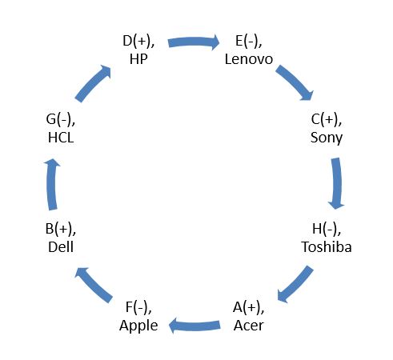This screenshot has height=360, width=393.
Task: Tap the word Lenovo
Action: click(x=249, y=59)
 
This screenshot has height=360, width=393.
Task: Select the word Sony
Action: click(x=327, y=138)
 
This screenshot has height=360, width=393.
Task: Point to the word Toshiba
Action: click(x=327, y=246)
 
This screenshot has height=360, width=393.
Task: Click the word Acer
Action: click(x=249, y=326)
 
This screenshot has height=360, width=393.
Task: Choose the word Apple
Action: click(x=138, y=326)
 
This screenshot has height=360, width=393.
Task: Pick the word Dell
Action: click(x=61, y=246)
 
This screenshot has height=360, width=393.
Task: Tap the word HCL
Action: click(x=61, y=138)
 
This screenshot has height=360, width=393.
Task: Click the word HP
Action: click(x=138, y=59)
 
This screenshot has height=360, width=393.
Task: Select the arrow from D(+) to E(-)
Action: click(x=194, y=42)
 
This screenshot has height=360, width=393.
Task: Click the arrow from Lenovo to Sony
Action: click(x=295, y=82)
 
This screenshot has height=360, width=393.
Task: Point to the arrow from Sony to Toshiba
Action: click(x=337, y=183)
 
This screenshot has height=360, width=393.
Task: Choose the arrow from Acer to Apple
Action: click(x=194, y=326)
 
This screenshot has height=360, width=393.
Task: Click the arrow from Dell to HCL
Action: click(x=52, y=185)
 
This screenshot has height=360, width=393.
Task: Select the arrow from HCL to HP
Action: click(x=94, y=82)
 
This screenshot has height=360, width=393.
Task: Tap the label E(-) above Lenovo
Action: click(x=249, y=42)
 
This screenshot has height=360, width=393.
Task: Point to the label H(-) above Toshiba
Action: click(x=327, y=230)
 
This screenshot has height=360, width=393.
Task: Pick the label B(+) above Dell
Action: click(x=61, y=230)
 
